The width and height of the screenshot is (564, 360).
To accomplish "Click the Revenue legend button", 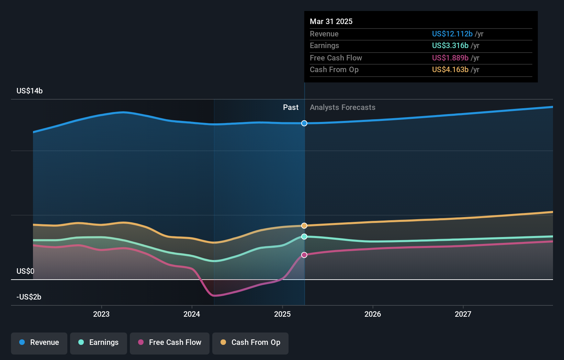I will (x=39, y=343).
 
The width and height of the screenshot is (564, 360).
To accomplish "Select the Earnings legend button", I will (x=99, y=343).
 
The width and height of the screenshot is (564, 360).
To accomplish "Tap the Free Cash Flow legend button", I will (x=170, y=343).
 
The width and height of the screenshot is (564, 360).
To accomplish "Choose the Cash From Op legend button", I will (x=250, y=343).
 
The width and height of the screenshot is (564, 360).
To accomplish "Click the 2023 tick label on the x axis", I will (x=101, y=314).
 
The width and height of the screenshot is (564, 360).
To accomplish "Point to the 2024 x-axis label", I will (x=192, y=314).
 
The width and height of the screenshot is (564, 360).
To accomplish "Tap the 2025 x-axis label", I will (x=282, y=314).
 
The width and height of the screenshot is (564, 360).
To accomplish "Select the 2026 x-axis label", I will (x=373, y=314).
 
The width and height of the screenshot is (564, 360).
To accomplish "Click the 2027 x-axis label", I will (x=463, y=314).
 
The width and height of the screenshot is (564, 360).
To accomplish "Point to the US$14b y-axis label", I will (x=30, y=91).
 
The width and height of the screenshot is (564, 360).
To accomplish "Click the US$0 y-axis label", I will (x=25, y=271).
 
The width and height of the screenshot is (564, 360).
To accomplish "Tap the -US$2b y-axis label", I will (x=29, y=297).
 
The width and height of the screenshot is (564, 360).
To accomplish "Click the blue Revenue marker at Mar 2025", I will (x=304, y=123).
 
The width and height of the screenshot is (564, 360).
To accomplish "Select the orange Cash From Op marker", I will (x=304, y=226).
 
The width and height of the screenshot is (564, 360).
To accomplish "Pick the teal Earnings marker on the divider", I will (x=304, y=237).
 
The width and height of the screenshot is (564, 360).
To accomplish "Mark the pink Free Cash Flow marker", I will (x=304, y=255).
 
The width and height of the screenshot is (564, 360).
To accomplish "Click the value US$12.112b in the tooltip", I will (x=452, y=34).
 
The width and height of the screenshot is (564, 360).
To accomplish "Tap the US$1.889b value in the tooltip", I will (x=450, y=58).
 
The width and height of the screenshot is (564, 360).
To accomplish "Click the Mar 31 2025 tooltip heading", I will (x=331, y=21).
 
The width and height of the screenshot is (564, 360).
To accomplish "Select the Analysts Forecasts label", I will (x=342, y=107).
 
